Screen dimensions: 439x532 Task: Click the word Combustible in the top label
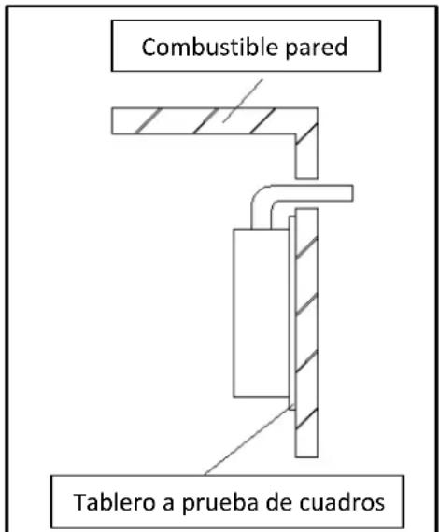click(209, 47)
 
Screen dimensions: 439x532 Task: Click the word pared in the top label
click(317, 48)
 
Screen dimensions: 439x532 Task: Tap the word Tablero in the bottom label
click(114, 502)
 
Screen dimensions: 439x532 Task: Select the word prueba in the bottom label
click(220, 503)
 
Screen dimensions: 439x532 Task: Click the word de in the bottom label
click(278, 502)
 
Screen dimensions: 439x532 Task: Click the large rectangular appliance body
click(262, 313)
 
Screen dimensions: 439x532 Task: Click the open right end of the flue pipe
click(352, 193)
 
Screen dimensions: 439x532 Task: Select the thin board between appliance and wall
click(292, 313)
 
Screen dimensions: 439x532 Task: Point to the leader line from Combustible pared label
click(243, 101)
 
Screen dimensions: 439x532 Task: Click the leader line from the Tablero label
click(248, 440)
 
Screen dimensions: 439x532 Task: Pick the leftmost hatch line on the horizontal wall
click(148, 120)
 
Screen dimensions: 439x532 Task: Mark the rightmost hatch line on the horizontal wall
click(262, 120)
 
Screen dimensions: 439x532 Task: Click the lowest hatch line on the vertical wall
click(306, 419)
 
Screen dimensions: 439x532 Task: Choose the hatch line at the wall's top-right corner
click(306, 133)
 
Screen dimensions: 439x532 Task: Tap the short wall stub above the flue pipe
click(306, 156)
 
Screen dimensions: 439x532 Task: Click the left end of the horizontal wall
click(112, 120)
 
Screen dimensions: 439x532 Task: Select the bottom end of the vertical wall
click(306, 456)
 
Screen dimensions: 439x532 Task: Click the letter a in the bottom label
click(168, 504)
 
